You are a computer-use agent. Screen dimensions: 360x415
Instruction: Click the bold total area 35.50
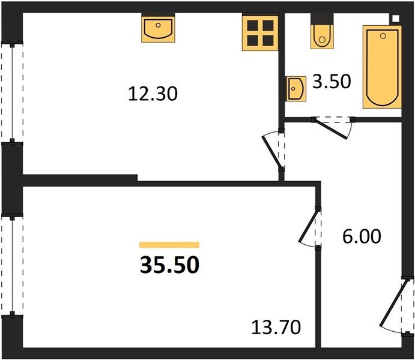(169, 265)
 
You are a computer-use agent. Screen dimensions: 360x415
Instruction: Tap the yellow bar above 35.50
(169, 245)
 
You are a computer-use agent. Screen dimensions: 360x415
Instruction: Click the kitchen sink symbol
(159, 29)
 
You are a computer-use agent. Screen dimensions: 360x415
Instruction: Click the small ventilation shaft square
(395, 18)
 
